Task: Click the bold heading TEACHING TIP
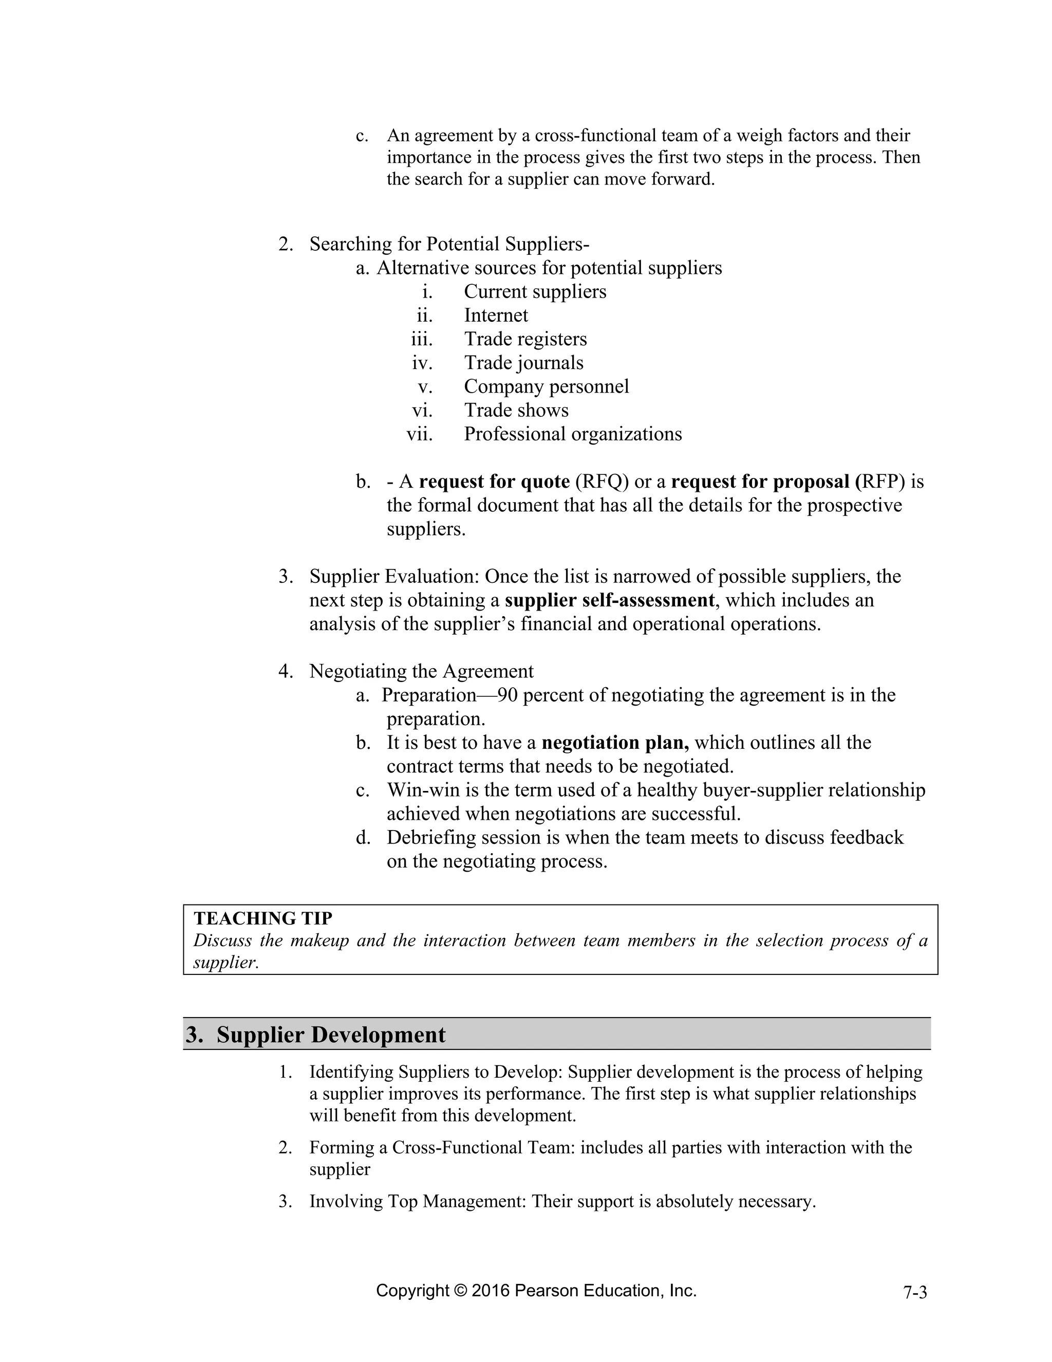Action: tap(263, 918)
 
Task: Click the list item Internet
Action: tap(496, 316)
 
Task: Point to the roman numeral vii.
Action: tap(420, 434)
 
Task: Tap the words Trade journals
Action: tap(523, 363)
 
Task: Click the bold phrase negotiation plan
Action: tap(614, 743)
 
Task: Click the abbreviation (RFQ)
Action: tap(602, 482)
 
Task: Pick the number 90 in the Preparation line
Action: tap(508, 695)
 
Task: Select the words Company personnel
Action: tap(546, 386)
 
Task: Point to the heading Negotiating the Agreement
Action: tap(421, 672)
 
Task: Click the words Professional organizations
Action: tap(572, 434)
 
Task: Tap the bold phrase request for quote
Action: tap(494, 482)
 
